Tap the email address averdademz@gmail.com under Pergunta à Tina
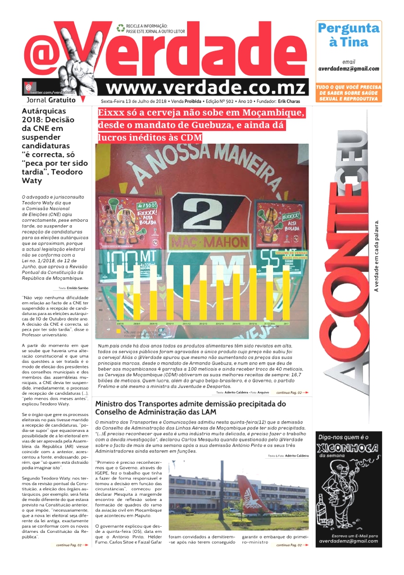pyautogui.click(x=348, y=69)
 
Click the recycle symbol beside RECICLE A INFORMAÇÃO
pyautogui.click(x=120, y=27)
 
